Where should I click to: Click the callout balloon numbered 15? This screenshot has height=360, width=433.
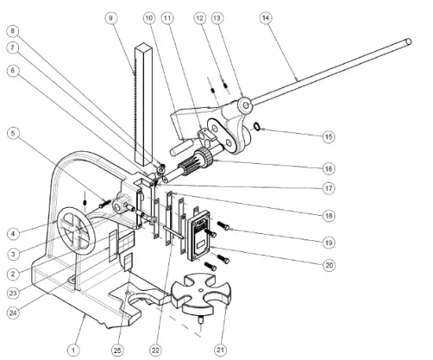pyautogui.click(x=328, y=136)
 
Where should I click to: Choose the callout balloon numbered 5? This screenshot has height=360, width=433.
pyautogui.click(x=13, y=133)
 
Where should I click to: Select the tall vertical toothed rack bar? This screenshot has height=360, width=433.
pyautogui.click(x=145, y=102)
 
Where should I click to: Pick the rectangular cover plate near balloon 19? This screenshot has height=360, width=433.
pyautogui.click(x=196, y=233)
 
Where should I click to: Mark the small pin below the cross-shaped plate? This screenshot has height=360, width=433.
pyautogui.click(x=200, y=320)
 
